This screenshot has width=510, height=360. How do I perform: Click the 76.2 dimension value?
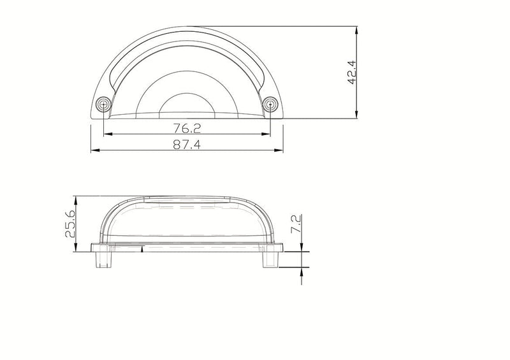click(187, 129)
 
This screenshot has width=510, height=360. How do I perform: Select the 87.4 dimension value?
click(187, 145)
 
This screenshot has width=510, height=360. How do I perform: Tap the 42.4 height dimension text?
click(353, 72)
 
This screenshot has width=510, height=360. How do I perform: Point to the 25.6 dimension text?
click(71, 224)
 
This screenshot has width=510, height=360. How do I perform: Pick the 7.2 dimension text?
click(296, 224)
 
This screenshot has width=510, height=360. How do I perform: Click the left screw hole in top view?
click(103, 104)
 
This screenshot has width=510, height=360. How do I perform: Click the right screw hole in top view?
click(270, 104)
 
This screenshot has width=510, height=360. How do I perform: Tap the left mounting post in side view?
click(104, 259)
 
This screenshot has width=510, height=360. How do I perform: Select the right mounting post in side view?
click(270, 259)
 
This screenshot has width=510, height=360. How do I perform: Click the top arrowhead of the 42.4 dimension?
click(357, 31)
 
